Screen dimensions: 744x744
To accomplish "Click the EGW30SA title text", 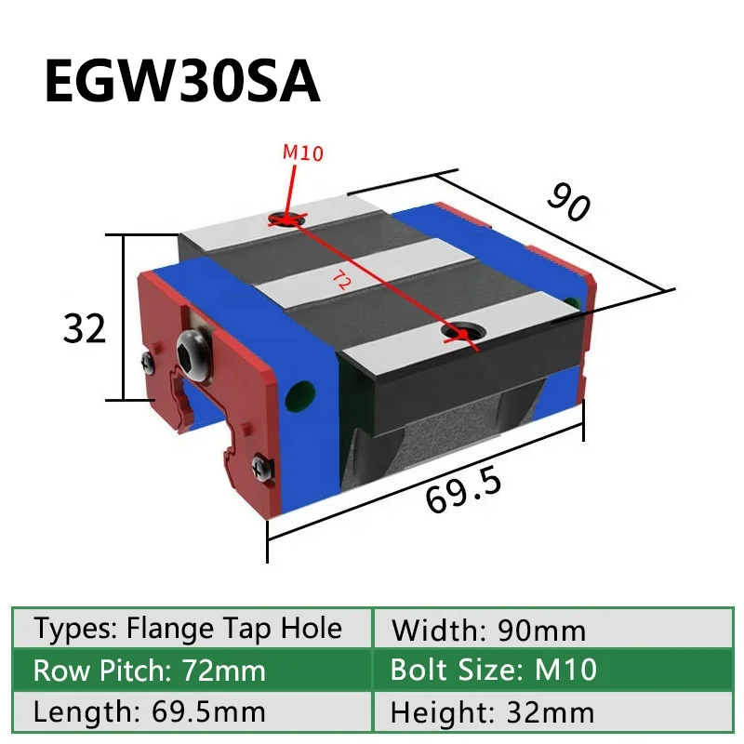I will [182, 83].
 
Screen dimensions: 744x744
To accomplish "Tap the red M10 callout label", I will [303, 153].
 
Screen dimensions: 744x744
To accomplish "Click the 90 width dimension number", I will [567, 203].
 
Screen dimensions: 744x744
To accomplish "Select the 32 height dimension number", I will [86, 328].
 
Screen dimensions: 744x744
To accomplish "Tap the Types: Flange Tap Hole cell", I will [189, 630].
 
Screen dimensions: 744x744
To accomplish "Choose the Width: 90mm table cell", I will [489, 631].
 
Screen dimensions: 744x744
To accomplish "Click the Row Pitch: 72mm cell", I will [150, 671].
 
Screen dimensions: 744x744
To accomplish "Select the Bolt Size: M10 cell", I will [493, 671].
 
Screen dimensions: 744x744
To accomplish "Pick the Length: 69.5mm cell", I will [150, 712].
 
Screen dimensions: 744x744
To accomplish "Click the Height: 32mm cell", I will [492, 712].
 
